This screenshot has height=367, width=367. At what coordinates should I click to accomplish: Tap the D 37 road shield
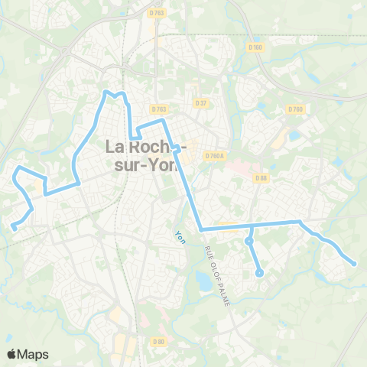(201, 103)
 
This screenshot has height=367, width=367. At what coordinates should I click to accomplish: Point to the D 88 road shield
(262, 179)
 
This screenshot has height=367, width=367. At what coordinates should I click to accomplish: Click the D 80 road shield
(158, 341)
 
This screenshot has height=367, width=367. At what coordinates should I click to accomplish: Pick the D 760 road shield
(296, 109)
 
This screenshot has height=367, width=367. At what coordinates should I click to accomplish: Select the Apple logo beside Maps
(12, 354)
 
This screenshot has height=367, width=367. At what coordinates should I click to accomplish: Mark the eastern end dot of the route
(354, 265)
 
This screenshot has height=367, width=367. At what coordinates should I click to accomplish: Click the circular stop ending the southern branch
(259, 272)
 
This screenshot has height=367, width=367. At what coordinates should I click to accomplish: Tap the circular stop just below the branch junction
(249, 242)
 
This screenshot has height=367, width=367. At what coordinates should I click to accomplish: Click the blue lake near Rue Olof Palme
(204, 281)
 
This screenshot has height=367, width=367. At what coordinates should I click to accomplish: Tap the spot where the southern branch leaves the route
(251, 226)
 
